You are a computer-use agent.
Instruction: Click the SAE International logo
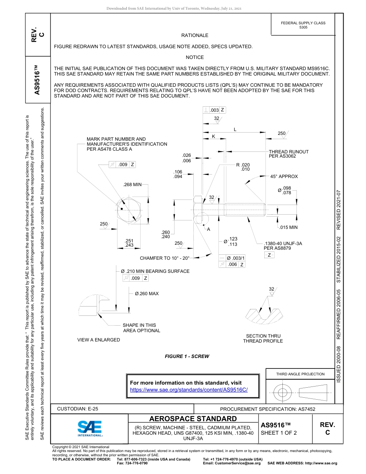coord(90,428)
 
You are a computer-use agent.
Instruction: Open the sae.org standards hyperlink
coord(189,390)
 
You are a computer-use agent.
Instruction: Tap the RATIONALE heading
coord(195,35)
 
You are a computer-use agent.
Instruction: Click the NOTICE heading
coord(195,57)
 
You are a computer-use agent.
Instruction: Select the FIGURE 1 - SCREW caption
coord(187,356)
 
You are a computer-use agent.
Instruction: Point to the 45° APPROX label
coord(284,176)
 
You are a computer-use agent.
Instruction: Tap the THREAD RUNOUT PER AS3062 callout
coord(289,154)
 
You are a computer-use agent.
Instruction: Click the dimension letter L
coord(235,130)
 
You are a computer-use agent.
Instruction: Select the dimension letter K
coord(213,136)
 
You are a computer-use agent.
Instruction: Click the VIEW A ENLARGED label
coord(99,340)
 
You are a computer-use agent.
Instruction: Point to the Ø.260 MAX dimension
coord(146,294)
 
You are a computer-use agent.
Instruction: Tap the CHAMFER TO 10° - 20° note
coord(165,258)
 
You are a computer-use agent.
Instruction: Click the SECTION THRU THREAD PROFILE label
coord(264,338)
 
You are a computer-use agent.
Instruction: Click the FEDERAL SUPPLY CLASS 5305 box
coord(303,25)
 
